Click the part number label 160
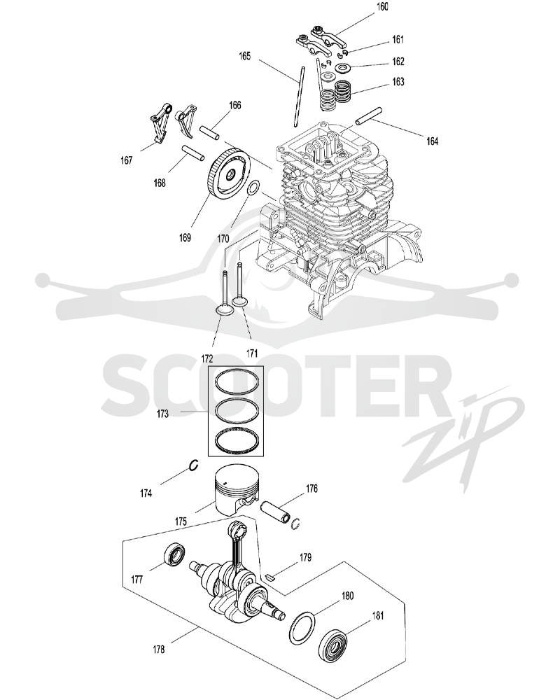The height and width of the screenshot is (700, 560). pyautogui.click(x=382, y=6)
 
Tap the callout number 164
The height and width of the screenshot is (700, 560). pyautogui.click(x=432, y=141)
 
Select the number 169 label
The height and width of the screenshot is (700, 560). pyautogui.click(x=185, y=237)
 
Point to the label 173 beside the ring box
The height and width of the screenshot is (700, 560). pyautogui.click(x=162, y=414)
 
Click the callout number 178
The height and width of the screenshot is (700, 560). pyautogui.click(x=158, y=649)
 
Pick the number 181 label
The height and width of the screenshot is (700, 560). pyautogui.click(x=378, y=615)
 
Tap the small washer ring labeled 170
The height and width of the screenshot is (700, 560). pyautogui.click(x=252, y=188)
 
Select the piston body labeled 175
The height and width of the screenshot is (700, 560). pyautogui.click(x=237, y=491)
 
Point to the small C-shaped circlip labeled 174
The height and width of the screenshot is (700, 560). pyautogui.click(x=193, y=465)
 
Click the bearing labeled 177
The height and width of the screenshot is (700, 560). pyautogui.click(x=174, y=555)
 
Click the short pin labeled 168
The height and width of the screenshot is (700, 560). pyautogui.click(x=193, y=152)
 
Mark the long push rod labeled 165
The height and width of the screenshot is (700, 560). pyautogui.click(x=298, y=96)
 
